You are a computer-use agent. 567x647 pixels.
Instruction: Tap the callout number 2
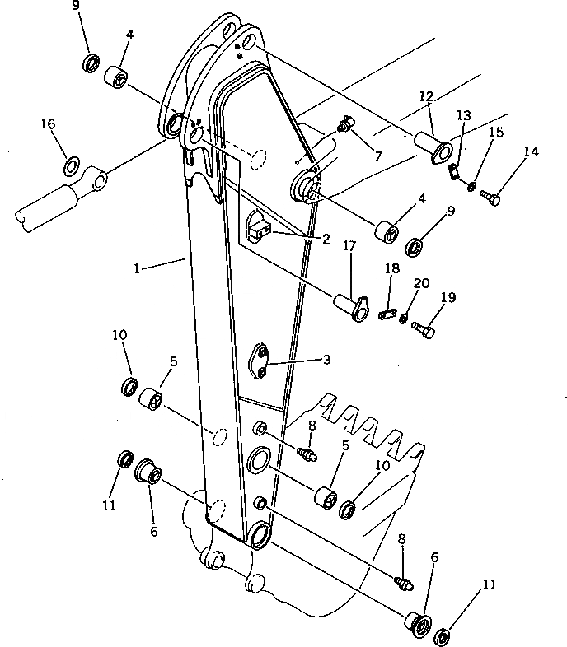point(326,240)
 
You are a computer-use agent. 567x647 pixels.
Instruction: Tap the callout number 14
point(532,151)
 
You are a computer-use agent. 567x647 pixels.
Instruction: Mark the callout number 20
point(421,282)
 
